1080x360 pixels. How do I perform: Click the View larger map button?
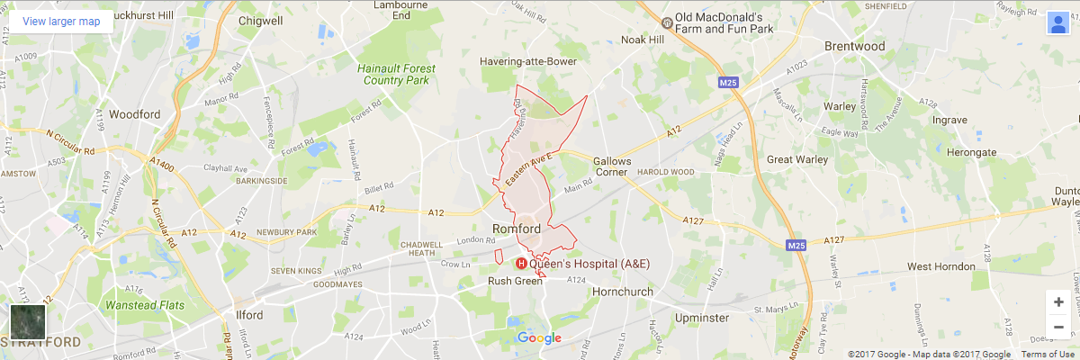point(61,22)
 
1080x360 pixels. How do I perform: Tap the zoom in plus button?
point(1058,301)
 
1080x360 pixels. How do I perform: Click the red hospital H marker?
point(519,264)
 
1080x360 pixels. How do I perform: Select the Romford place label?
point(517,229)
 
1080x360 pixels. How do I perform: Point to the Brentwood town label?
point(855,46)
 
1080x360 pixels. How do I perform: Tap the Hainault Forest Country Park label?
point(396,74)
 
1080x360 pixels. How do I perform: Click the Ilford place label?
point(249,315)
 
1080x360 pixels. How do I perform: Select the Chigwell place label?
point(261,21)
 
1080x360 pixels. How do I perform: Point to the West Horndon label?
point(940,266)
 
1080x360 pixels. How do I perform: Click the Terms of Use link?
point(1046,355)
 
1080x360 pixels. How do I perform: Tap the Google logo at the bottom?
point(539,338)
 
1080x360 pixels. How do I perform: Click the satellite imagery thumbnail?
point(27,321)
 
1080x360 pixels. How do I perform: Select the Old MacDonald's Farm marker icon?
point(666,22)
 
